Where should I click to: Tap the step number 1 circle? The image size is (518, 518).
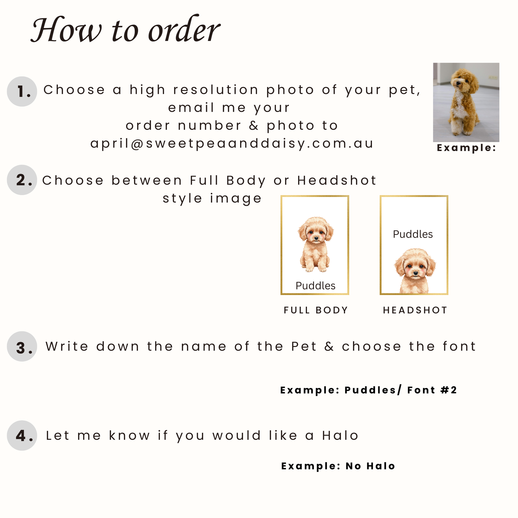(22, 91)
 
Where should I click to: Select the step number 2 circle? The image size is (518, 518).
(22, 180)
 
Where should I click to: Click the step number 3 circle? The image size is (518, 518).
(22, 346)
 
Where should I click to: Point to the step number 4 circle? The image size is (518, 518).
(22, 435)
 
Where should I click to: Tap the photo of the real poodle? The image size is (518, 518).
(466, 102)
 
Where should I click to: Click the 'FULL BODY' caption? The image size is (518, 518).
(316, 310)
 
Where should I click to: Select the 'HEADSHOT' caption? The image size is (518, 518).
(415, 310)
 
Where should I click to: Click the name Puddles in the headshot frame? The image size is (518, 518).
(413, 234)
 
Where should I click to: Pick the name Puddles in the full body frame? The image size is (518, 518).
(316, 286)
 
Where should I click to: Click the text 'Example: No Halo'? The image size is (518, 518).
(338, 466)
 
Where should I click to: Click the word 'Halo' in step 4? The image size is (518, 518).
(340, 435)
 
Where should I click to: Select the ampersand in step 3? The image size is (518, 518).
(329, 346)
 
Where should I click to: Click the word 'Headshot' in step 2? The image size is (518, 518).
(337, 180)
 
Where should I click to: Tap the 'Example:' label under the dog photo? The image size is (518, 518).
(467, 148)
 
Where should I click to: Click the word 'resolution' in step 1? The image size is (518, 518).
(216, 90)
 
